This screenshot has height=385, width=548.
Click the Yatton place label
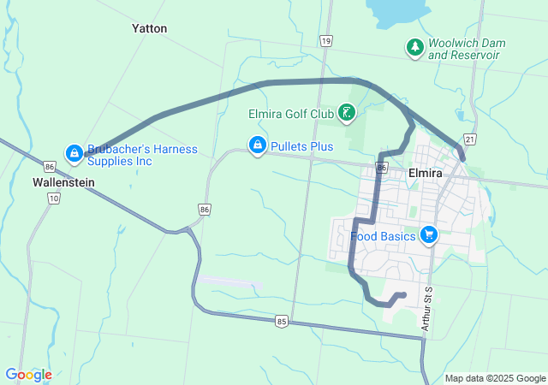tap(150, 28)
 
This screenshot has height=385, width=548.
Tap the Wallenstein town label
tap(63, 182)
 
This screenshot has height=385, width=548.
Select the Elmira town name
tap(426, 173)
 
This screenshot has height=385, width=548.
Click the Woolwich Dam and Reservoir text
tap(467, 49)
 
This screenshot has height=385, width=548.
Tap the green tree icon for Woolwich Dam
tap(414, 47)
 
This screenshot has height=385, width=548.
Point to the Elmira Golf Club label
tap(290, 113)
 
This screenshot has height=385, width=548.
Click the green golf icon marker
tap(347, 113)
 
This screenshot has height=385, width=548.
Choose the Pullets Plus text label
tap(301, 146)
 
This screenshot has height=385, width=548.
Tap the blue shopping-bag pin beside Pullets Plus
tap(256, 146)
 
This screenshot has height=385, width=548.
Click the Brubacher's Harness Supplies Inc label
tap(143, 155)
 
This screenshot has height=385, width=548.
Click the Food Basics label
tap(383, 236)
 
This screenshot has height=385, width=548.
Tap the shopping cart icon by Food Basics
tap(429, 235)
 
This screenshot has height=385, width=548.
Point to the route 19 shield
tap(325, 41)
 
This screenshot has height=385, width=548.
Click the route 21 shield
tap(469, 139)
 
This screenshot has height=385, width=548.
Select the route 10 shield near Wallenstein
tap(53, 198)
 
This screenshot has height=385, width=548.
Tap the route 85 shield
tap(282, 321)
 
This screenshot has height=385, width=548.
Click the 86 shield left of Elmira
tap(382, 169)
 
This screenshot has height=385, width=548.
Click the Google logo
tap(28, 375)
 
